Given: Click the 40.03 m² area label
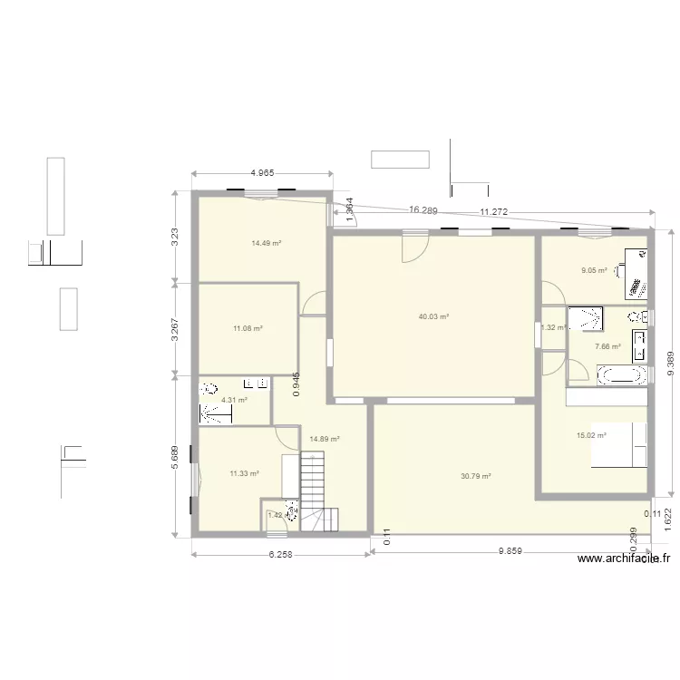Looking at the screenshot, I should (x=433, y=316).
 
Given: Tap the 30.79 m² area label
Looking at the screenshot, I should (x=475, y=476).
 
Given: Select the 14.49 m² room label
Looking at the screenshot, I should (x=267, y=243).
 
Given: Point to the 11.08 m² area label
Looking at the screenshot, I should (x=247, y=328).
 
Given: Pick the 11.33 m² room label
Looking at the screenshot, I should (x=244, y=473).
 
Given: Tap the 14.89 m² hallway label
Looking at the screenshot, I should (x=324, y=439).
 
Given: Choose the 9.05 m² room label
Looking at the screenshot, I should (x=594, y=269).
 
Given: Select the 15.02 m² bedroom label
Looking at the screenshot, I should (x=591, y=435).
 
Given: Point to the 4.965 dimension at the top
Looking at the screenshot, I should (x=262, y=172).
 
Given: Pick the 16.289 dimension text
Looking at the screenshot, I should (x=423, y=210).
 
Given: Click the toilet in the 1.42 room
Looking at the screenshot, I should (x=291, y=513).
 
